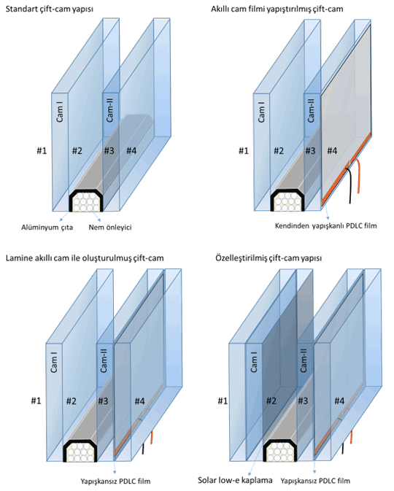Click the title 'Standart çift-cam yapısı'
click(x=50, y=9)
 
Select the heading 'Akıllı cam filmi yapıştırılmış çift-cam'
click(x=277, y=9)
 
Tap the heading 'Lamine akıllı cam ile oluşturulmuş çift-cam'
click(x=85, y=258)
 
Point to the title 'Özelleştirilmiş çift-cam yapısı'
click(x=269, y=258)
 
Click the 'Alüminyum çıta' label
click(x=47, y=228)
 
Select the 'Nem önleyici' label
click(x=110, y=228)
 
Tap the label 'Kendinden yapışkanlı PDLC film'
click(x=325, y=225)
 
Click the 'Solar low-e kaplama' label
click(x=235, y=480)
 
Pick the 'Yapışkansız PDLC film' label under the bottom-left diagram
click(x=115, y=481)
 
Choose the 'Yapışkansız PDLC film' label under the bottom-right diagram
click(x=315, y=481)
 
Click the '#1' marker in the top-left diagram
click(x=42, y=151)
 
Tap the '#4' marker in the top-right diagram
click(x=332, y=151)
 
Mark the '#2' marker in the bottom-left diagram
click(x=71, y=401)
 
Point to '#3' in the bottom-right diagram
click(x=303, y=401)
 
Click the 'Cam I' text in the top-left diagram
click(x=60, y=112)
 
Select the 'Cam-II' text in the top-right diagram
click(x=311, y=109)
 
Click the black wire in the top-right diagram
click(x=349, y=185)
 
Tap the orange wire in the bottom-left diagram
click(x=152, y=438)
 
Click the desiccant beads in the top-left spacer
click(x=86, y=202)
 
